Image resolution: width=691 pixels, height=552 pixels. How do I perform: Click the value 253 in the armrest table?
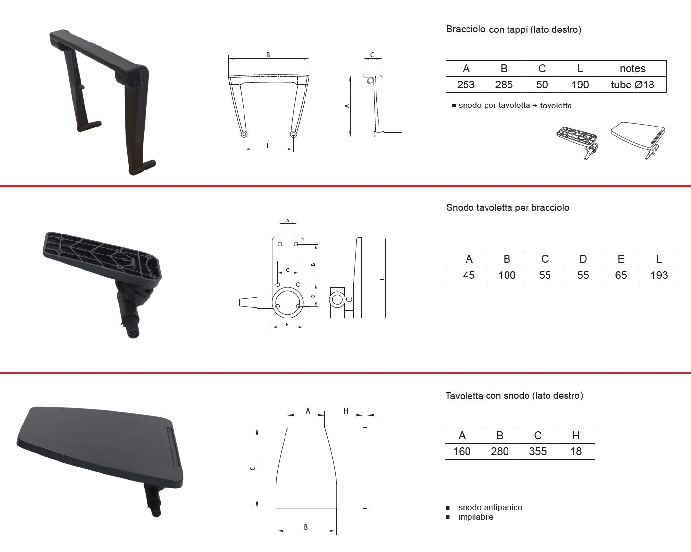pyautogui.click(x=466, y=85)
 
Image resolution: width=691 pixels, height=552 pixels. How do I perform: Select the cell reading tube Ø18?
pyautogui.click(x=632, y=85)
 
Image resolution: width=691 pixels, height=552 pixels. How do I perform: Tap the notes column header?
pyautogui.click(x=632, y=68)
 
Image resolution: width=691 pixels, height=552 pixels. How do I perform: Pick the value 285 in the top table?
pyautogui.click(x=504, y=85)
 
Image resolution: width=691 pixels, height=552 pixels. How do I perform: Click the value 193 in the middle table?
pyautogui.click(x=659, y=275)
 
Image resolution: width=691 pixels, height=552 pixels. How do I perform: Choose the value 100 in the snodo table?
pyautogui.click(x=507, y=275)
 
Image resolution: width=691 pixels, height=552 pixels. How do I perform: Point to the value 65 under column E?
pyautogui.click(x=621, y=275)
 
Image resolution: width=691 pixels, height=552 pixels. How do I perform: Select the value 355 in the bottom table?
pyautogui.click(x=538, y=451)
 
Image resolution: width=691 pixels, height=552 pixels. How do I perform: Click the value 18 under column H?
pyautogui.click(x=576, y=451)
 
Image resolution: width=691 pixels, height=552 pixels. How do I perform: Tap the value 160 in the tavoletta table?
pyautogui.click(x=462, y=451)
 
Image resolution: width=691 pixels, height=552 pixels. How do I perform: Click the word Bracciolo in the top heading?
pyautogui.click(x=466, y=29)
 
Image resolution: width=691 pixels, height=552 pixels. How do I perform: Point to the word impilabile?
pyautogui.click(x=476, y=517)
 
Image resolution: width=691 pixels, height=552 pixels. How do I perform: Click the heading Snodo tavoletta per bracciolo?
pyautogui.click(x=508, y=207)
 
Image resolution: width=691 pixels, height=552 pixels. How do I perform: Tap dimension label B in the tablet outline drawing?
pyautogui.click(x=305, y=527)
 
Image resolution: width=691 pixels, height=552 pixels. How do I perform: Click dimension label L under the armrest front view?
pyautogui.click(x=268, y=146)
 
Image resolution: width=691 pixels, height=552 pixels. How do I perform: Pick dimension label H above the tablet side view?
pyautogui.click(x=346, y=411)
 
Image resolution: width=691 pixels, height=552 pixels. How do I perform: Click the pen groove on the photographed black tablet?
pyautogui.click(x=173, y=446)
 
